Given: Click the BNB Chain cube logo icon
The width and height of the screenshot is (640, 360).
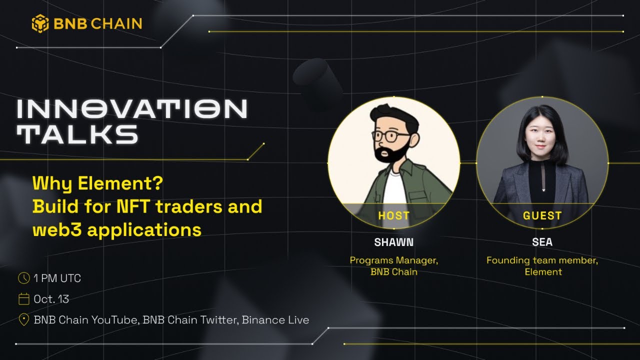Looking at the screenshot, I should click(x=40, y=23).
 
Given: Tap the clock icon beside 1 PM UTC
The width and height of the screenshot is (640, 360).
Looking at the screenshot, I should click(x=23, y=278).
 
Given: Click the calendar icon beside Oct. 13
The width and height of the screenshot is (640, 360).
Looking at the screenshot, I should click(x=23, y=299).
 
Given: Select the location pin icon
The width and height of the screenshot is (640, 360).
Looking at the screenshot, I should click(x=23, y=320).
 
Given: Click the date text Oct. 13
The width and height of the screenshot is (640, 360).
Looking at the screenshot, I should click(x=51, y=299).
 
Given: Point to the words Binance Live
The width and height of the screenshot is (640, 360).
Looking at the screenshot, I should click(x=275, y=320).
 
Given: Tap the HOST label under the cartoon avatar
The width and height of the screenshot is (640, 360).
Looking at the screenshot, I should click(x=394, y=216).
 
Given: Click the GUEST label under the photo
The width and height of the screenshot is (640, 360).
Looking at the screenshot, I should click(x=542, y=216).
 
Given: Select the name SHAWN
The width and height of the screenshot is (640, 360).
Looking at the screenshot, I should click(x=394, y=242).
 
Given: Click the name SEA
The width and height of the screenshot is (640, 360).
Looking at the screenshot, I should click(x=542, y=242).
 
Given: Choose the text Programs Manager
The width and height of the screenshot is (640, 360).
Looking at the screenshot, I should click(x=394, y=260).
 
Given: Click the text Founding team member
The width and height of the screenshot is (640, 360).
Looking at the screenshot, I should click(x=542, y=260).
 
